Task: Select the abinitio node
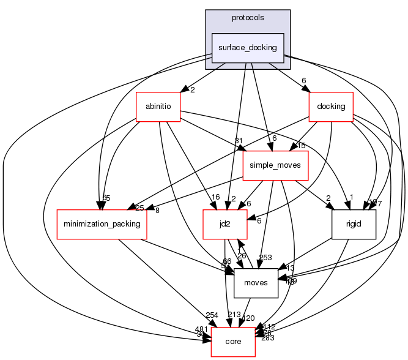click(x=158, y=106)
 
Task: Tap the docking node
click(x=331, y=106)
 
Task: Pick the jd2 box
click(x=225, y=224)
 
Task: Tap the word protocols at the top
click(x=248, y=17)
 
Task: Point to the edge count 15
click(x=302, y=146)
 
